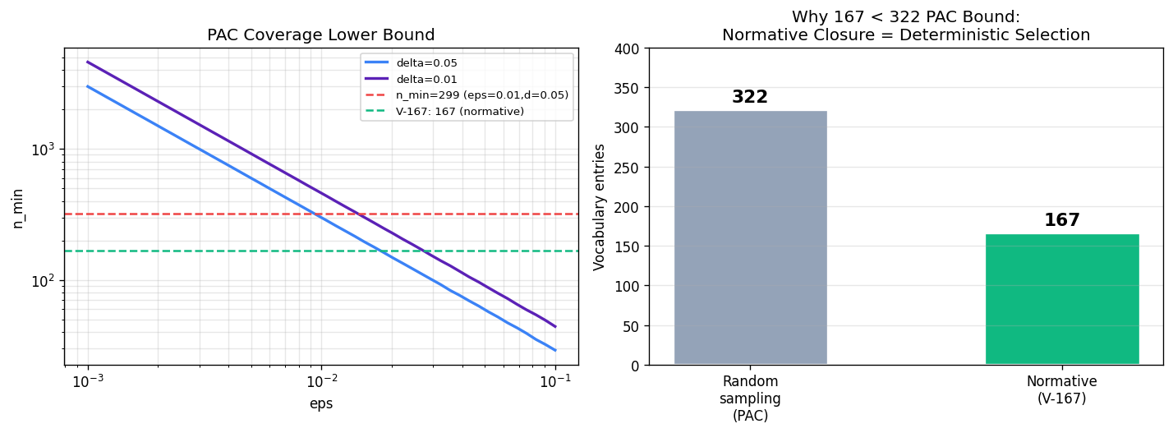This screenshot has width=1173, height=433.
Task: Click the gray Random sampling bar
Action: (x=750, y=237)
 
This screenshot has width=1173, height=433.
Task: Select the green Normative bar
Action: (x=1062, y=299)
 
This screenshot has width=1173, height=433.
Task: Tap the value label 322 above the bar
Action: (x=750, y=96)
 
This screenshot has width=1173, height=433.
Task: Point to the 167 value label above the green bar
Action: (x=1062, y=219)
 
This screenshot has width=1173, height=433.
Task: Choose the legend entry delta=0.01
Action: (x=411, y=79)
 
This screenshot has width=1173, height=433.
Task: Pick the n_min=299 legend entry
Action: (x=467, y=95)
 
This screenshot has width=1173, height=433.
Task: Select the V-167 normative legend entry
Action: (x=444, y=112)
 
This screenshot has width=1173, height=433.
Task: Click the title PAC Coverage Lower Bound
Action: (x=321, y=35)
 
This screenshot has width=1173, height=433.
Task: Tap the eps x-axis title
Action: (x=321, y=403)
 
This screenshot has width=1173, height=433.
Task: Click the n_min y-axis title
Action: (x=18, y=209)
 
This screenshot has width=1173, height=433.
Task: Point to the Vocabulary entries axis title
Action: (x=599, y=207)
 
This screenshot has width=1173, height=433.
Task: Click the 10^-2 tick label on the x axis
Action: (x=321, y=382)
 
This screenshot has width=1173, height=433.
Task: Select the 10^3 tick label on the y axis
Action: (x=43, y=150)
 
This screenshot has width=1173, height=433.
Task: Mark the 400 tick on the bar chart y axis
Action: (x=628, y=48)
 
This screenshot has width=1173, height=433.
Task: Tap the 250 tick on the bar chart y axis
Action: (x=628, y=168)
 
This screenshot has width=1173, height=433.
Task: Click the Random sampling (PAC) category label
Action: (x=750, y=398)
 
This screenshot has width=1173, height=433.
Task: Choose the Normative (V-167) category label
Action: (x=1062, y=389)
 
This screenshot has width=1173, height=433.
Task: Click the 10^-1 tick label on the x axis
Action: (x=555, y=382)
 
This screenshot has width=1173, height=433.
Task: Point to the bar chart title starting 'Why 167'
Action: (x=906, y=25)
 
